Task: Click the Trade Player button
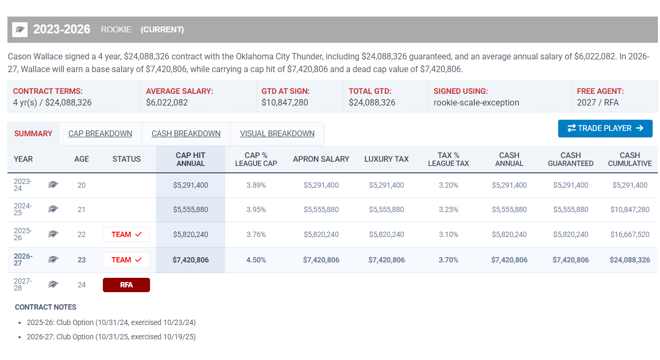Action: (x=605, y=128)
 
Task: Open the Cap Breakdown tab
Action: (x=100, y=134)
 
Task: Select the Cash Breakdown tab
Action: (x=186, y=134)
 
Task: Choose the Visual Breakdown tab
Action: (x=277, y=134)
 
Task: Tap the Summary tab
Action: (x=33, y=134)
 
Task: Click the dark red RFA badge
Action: (x=126, y=285)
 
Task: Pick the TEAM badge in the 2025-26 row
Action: (x=126, y=234)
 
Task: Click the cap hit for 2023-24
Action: (x=191, y=186)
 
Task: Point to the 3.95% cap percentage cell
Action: (x=256, y=210)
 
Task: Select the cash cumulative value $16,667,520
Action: (x=630, y=234)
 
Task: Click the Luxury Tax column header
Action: (x=386, y=159)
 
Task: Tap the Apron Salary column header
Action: (x=321, y=159)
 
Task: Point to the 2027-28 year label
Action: (x=23, y=285)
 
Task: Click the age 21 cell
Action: (x=81, y=210)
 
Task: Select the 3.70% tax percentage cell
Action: (x=448, y=260)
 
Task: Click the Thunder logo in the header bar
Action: (x=20, y=30)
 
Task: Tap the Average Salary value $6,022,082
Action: (x=167, y=102)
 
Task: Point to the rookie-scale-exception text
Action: (x=476, y=102)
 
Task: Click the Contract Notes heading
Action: (x=46, y=308)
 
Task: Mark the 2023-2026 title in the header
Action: (x=61, y=30)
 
